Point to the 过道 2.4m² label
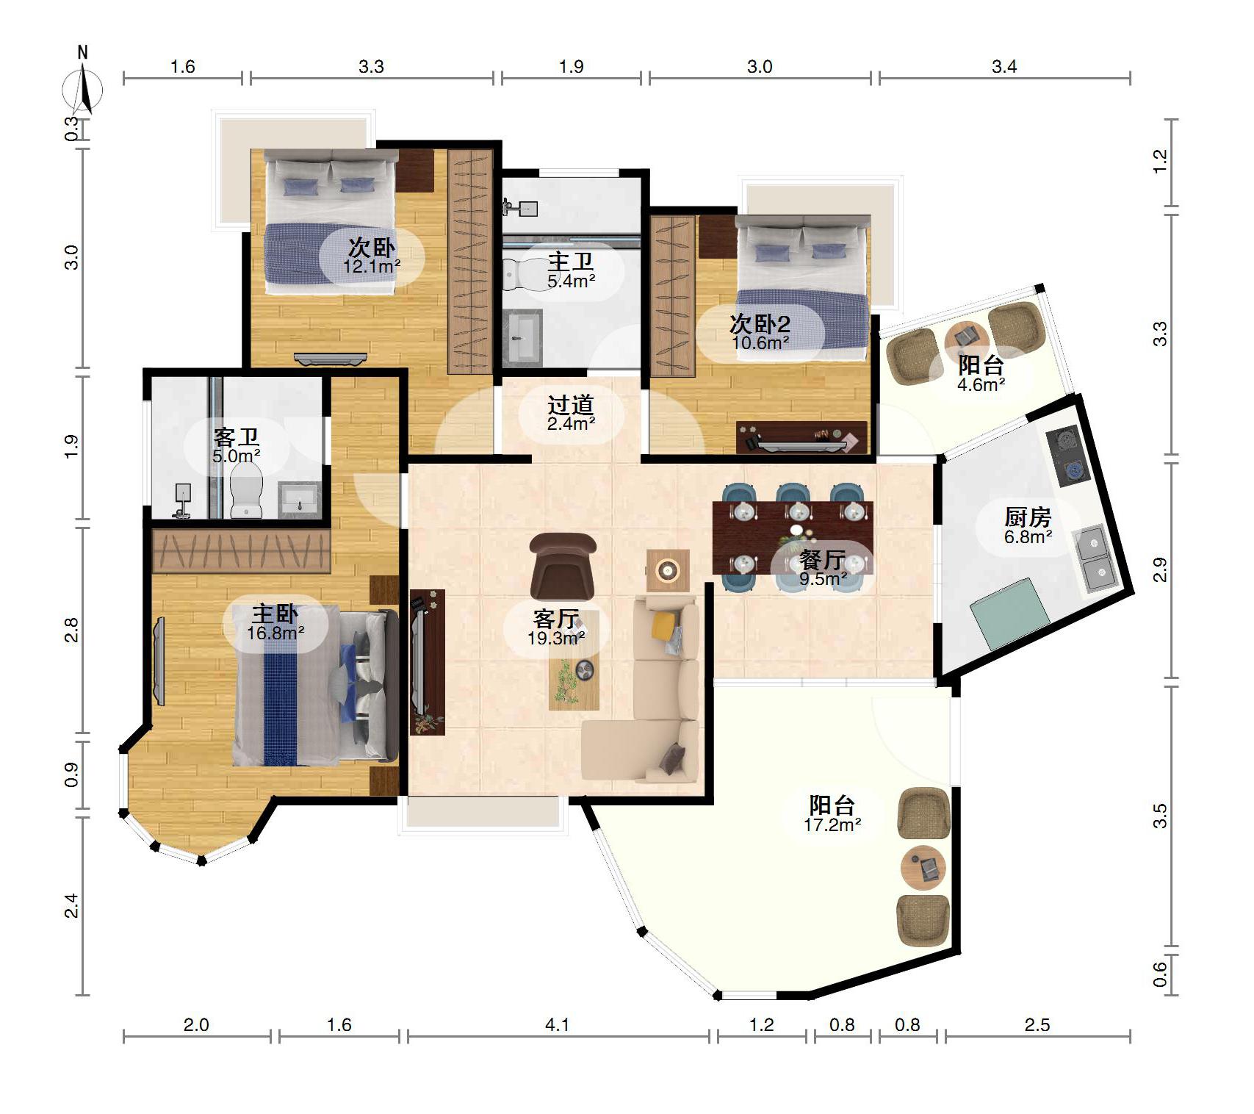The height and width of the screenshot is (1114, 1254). (571, 414)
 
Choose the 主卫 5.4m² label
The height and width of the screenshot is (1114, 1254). (571, 270)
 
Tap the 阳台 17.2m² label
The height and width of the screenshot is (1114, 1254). (832, 814)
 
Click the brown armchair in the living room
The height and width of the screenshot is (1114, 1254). (563, 566)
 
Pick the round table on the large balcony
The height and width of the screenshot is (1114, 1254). (923, 868)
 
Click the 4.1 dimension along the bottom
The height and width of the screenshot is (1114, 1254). (558, 1024)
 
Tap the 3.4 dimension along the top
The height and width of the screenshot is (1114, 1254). (1004, 67)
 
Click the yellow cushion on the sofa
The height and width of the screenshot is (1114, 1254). (664, 625)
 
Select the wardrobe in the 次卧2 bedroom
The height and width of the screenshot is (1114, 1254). (673, 295)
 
